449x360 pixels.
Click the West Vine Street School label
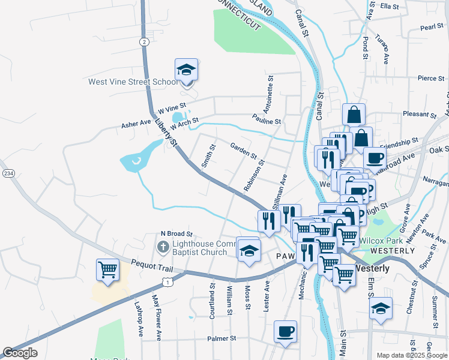pos(133,82)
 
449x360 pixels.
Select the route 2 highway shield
pos(145,41)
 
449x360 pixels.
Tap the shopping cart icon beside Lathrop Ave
pos(107,270)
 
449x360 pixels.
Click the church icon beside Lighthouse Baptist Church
pos(163,247)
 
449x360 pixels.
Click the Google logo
pos(20,353)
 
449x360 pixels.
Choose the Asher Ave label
pos(136,123)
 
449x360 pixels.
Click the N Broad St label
pos(176,233)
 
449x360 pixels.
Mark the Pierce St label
pos(430,78)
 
